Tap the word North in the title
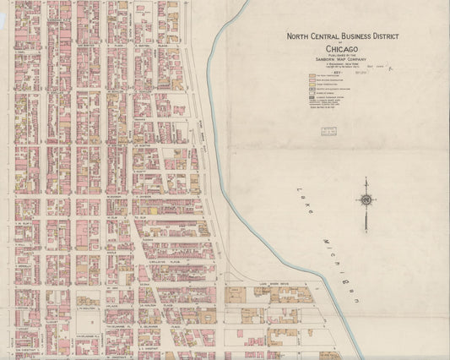299,36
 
